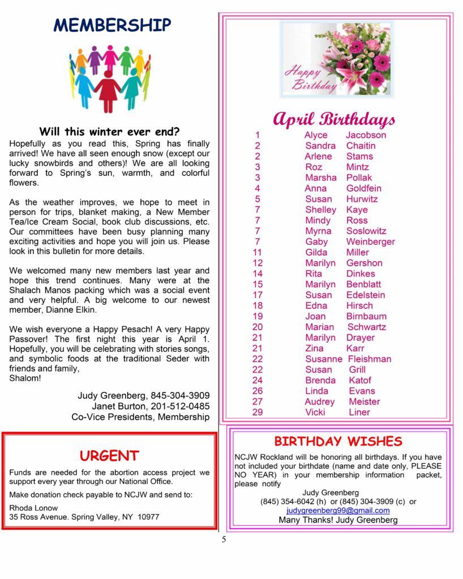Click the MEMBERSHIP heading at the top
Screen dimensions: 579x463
click(112, 25)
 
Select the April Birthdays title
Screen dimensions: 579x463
click(334, 120)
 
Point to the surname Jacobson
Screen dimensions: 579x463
click(366, 135)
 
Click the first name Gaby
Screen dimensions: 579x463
click(316, 241)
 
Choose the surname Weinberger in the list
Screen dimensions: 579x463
click(370, 241)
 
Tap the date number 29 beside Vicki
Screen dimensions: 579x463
click(258, 412)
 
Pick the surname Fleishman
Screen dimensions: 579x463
click(369, 359)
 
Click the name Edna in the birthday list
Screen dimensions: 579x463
click(316, 305)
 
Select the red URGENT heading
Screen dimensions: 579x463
click(109, 456)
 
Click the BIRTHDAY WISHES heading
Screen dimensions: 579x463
click(338, 441)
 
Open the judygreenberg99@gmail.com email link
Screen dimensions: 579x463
click(338, 510)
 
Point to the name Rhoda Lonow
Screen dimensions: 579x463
click(33, 508)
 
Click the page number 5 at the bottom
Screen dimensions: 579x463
click(224, 539)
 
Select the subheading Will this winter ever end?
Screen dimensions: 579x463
click(109, 132)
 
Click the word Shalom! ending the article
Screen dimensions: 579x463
click(25, 378)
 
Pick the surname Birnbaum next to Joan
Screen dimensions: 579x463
click(366, 316)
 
